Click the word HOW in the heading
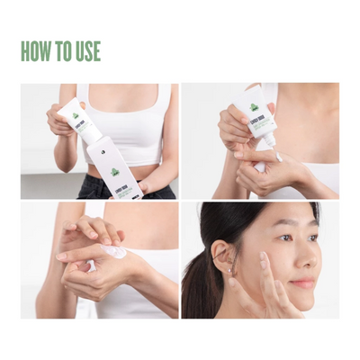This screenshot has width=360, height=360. point(37,51)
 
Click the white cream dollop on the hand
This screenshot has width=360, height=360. point(116,254)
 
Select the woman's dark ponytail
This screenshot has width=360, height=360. point(199,279)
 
